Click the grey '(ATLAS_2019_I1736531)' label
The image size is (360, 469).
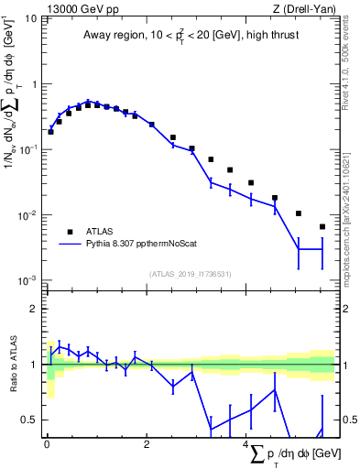[191, 274]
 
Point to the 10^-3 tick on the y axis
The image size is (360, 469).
[27, 279]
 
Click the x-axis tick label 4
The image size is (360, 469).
[246, 446]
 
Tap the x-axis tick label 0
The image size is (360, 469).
[46, 446]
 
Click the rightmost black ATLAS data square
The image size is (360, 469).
[322, 226]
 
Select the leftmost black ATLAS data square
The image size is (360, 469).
[50, 132]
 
